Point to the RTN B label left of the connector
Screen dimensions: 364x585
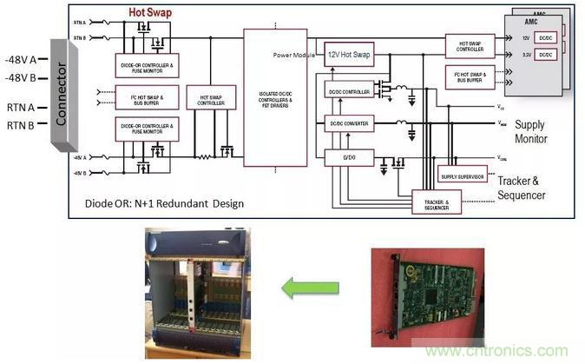tap(22, 125)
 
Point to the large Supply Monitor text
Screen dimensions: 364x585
tap(542, 132)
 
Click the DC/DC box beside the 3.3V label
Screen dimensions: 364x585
tap(544, 54)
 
